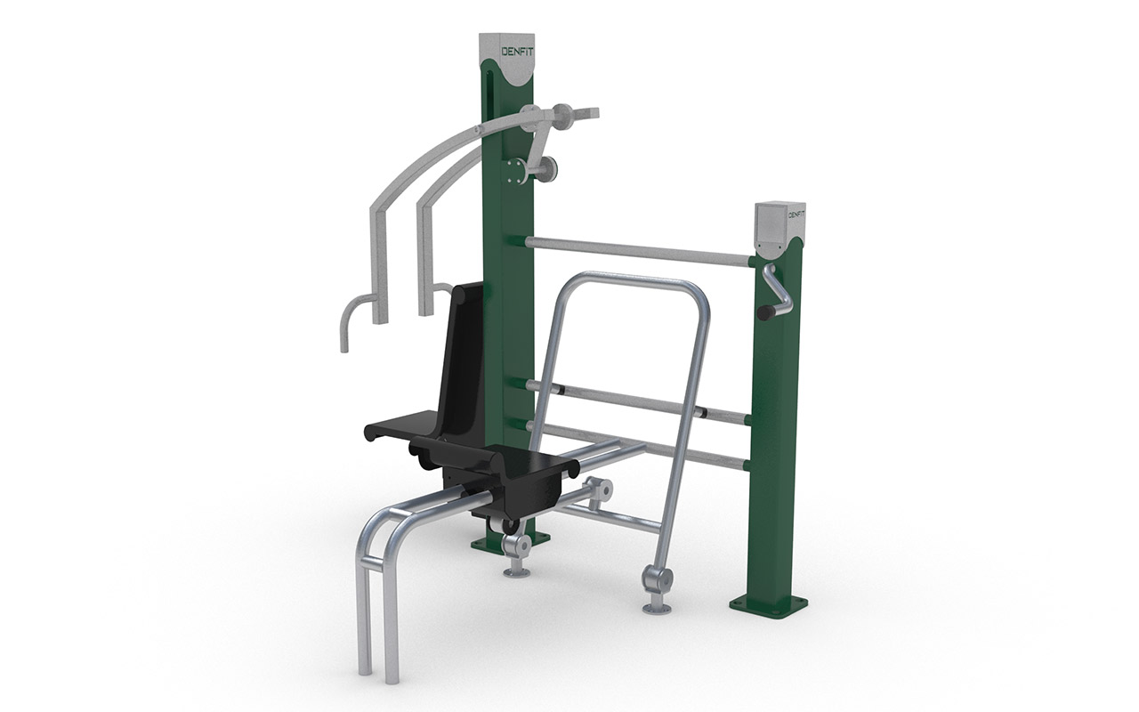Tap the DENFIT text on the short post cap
(x=796, y=214)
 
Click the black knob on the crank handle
(x=765, y=312)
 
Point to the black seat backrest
(x=466, y=356)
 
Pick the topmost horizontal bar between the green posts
(x=636, y=250)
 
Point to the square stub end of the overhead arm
(x=586, y=113)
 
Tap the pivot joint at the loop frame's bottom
(x=658, y=581)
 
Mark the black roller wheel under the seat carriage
(x=510, y=525)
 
